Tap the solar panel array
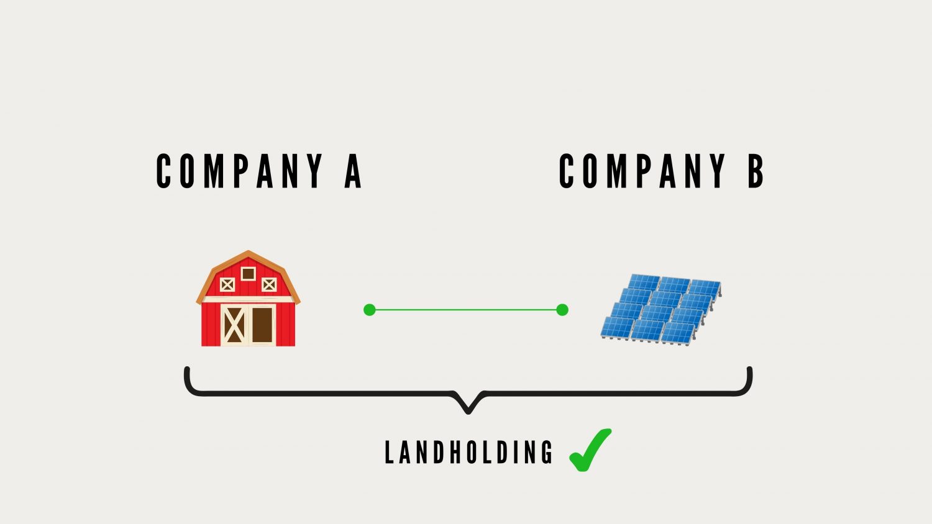[660, 309]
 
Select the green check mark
[590, 450]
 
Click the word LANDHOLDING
[468, 452]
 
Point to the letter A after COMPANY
[353, 171]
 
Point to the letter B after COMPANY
[756, 171]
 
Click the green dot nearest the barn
[370, 310]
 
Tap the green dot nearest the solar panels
[562, 310]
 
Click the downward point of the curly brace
[468, 412]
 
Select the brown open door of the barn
[262, 325]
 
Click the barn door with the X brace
[234, 325]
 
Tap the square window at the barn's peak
[249, 274]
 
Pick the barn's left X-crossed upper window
[227, 285]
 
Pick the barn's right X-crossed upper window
[269, 285]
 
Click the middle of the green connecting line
[466, 310]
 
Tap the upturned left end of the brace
[187, 369]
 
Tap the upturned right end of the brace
[749, 369]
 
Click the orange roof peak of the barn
[249, 253]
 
